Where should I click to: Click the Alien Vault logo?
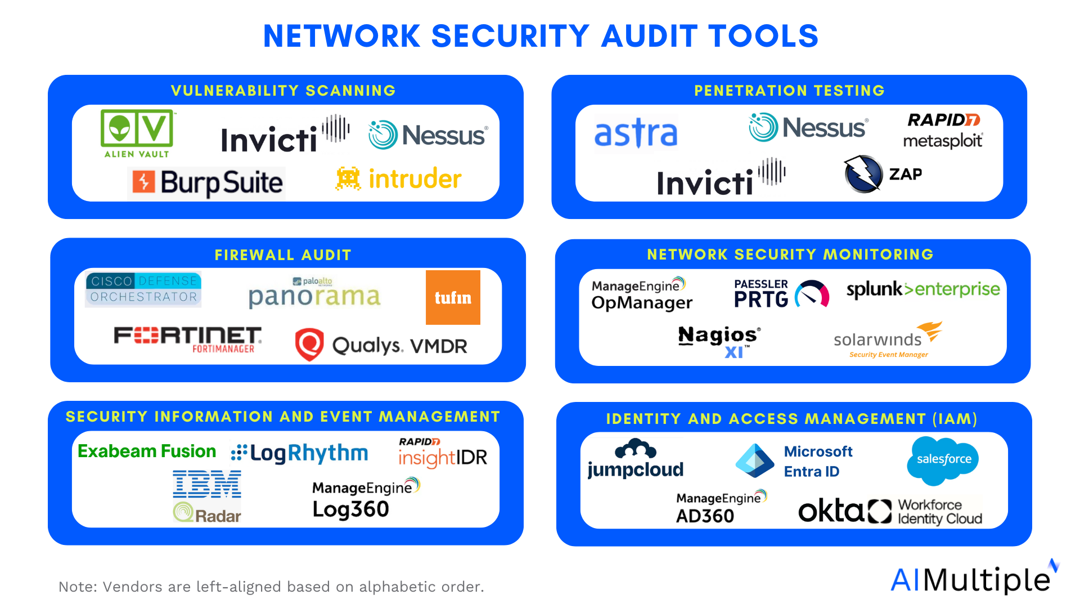[137, 133]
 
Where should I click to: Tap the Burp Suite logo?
[207, 182]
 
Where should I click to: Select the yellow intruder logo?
[399, 179]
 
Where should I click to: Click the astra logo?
[636, 133]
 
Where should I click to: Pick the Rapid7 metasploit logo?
[943, 131]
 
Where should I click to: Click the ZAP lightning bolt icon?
[863, 174]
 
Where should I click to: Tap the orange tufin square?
[453, 297]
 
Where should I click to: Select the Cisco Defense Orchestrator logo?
[143, 289]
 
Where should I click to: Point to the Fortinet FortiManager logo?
[187, 339]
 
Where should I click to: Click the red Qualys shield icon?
[309, 344]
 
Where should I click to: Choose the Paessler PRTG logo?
[781, 294]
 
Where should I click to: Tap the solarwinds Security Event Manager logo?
[888, 339]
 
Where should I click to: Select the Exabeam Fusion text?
[147, 451]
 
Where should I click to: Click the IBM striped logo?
[207, 484]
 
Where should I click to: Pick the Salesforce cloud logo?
[943, 459]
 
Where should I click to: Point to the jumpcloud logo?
[635, 459]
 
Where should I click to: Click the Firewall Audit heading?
[283, 255]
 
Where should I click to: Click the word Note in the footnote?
[77, 587]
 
